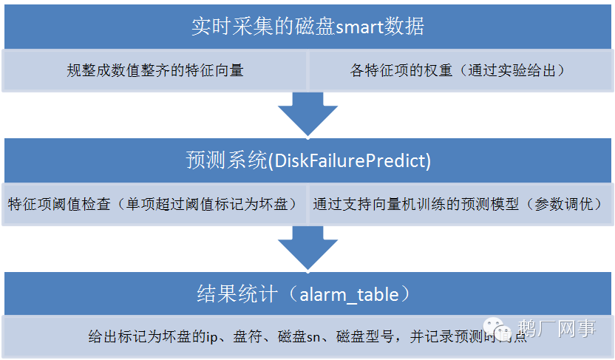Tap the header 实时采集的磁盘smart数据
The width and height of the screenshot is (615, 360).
point(307,27)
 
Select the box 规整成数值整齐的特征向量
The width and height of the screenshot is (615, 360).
point(154,71)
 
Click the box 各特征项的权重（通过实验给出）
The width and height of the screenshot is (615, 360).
point(458,71)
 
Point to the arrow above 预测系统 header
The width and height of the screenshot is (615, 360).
point(307,115)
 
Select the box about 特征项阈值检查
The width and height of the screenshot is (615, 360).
point(153,204)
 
